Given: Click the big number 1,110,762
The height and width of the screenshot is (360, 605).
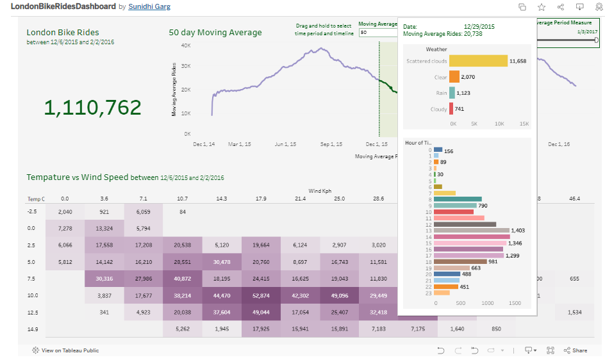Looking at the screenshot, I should tap(92, 108).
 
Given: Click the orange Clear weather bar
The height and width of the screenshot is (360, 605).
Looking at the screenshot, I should tap(454, 77).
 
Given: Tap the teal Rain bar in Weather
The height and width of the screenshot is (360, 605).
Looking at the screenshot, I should tap(452, 93).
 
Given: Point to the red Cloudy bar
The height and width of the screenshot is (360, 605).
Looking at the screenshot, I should tap(451, 109).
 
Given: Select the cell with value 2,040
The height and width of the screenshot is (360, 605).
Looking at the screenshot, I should tap(65, 211).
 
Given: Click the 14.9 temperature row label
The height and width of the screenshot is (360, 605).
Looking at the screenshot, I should tap(33, 329).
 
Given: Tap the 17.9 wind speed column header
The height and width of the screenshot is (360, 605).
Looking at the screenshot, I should tap(261, 199).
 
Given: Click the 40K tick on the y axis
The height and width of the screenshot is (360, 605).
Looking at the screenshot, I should tap(186, 45).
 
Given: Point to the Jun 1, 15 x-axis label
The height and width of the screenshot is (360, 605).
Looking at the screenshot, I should tap(285, 145).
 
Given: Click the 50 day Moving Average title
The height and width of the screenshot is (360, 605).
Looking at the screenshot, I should tap(215, 33).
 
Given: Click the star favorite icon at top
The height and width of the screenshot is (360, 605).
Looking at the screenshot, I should tap(542, 7).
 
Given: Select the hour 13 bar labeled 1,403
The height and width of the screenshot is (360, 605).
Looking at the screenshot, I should tap(471, 230).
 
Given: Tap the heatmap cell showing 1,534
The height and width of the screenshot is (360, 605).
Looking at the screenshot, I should tap(574, 312).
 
